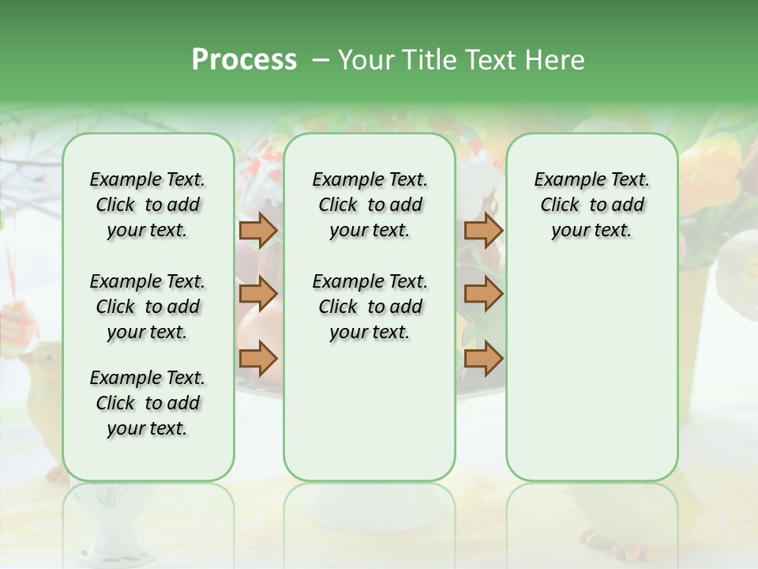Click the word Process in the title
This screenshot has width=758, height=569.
click(x=244, y=60)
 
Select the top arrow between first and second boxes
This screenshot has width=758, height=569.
click(x=257, y=231)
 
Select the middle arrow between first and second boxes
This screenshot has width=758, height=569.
click(x=257, y=295)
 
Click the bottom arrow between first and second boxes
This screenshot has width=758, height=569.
click(x=257, y=358)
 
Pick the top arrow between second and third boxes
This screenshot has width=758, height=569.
click(x=483, y=231)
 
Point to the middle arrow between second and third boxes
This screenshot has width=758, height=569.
click(x=483, y=295)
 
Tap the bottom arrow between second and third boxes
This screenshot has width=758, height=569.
click(x=483, y=358)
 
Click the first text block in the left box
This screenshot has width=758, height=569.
click(x=148, y=205)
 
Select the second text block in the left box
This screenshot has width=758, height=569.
click(x=148, y=307)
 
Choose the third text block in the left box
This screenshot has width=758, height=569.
click(x=148, y=403)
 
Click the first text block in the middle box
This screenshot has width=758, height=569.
click(x=370, y=205)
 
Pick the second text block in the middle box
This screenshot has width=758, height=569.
click(x=370, y=307)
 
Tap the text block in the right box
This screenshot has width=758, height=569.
click(x=591, y=205)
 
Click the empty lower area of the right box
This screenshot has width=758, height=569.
click(x=591, y=371)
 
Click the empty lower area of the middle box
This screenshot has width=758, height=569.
click(x=370, y=411)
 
